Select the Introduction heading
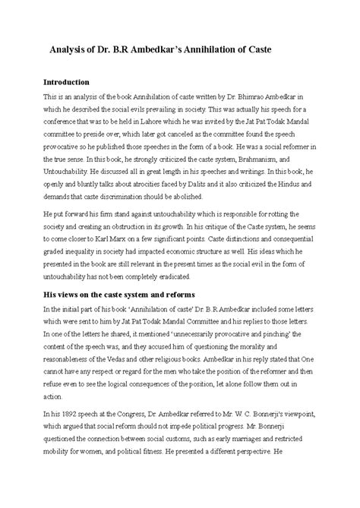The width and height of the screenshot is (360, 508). [x=70, y=81]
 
